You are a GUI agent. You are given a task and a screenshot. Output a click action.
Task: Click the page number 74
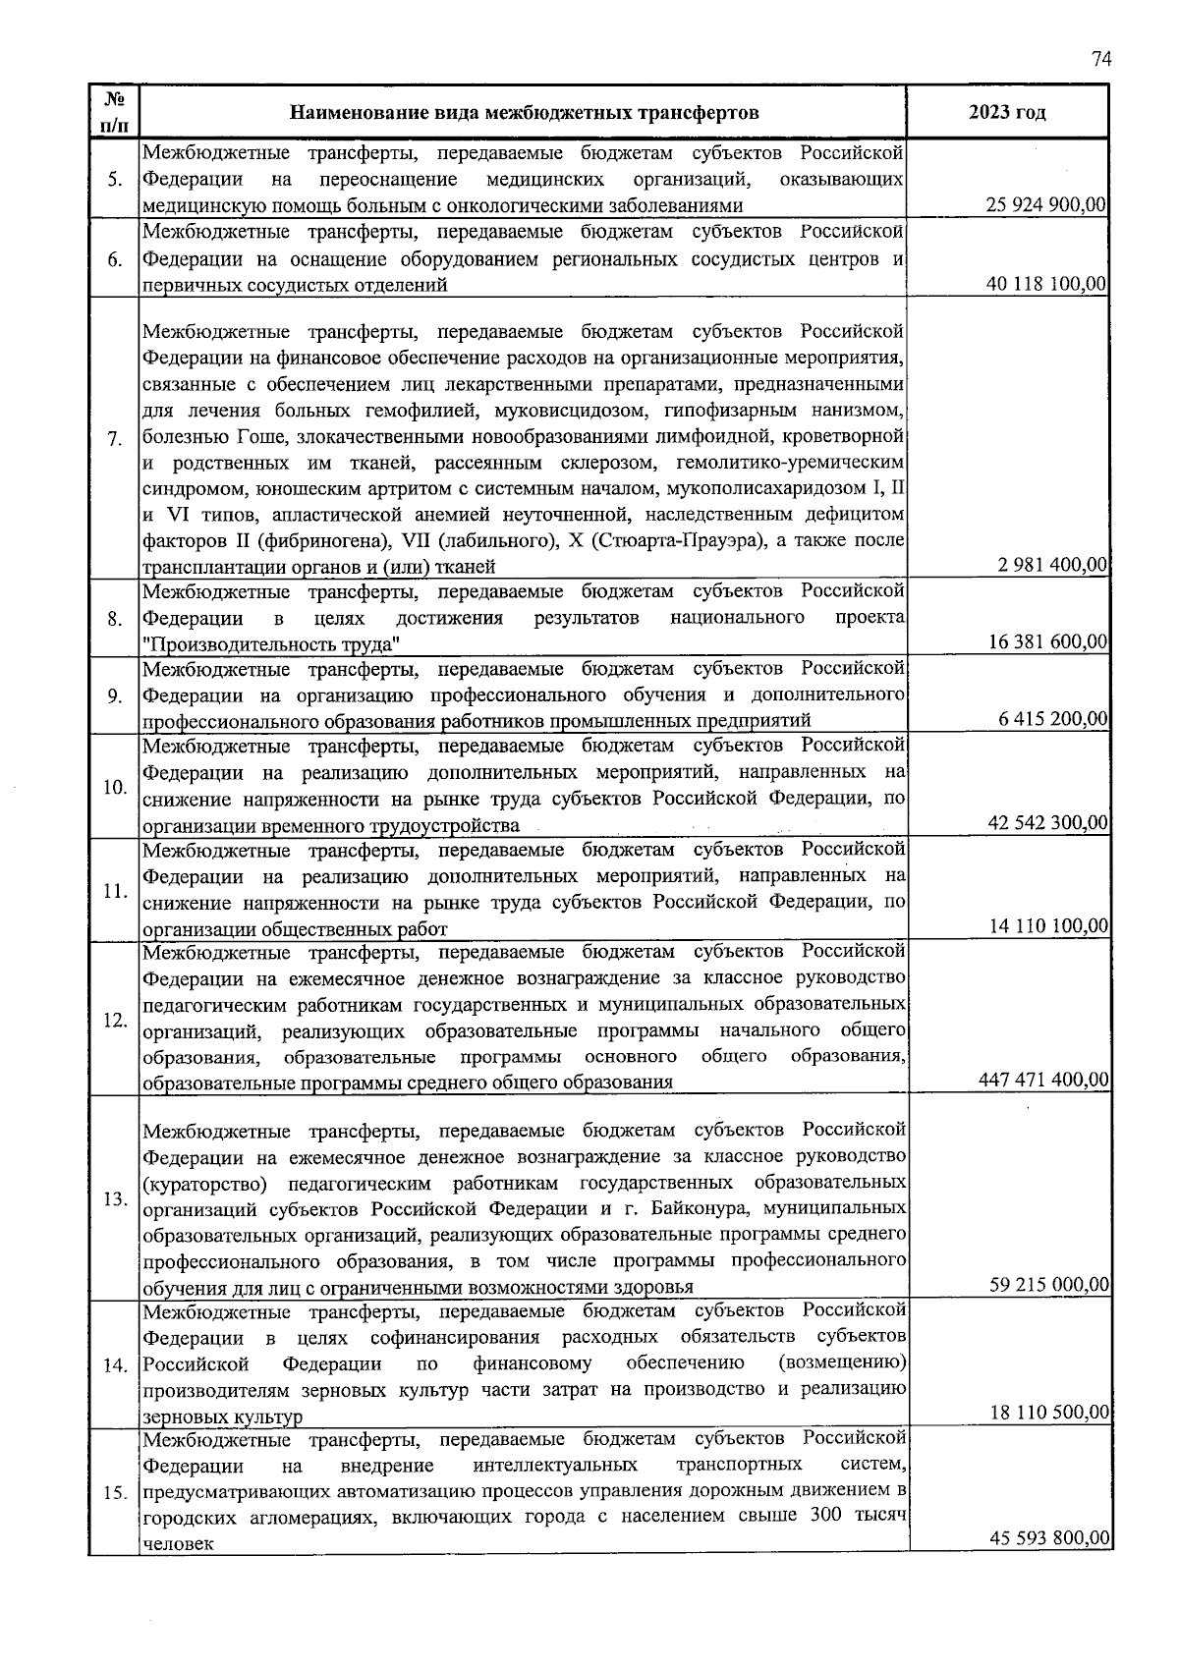coord(1100,59)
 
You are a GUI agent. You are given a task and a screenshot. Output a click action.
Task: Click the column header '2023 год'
coord(1007,112)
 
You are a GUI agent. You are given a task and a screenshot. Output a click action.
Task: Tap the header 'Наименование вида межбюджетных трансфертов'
coord(524,112)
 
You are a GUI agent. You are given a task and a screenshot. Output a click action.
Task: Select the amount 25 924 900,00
coord(1047,205)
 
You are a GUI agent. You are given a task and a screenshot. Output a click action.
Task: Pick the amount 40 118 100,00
coord(1047,284)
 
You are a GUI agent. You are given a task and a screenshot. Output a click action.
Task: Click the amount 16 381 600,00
coord(1047,642)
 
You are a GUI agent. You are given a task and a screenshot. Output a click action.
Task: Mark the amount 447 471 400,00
coord(1044,1080)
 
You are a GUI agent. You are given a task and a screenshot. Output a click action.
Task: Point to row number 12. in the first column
coord(115,1020)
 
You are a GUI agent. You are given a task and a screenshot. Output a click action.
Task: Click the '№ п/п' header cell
coord(114,112)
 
